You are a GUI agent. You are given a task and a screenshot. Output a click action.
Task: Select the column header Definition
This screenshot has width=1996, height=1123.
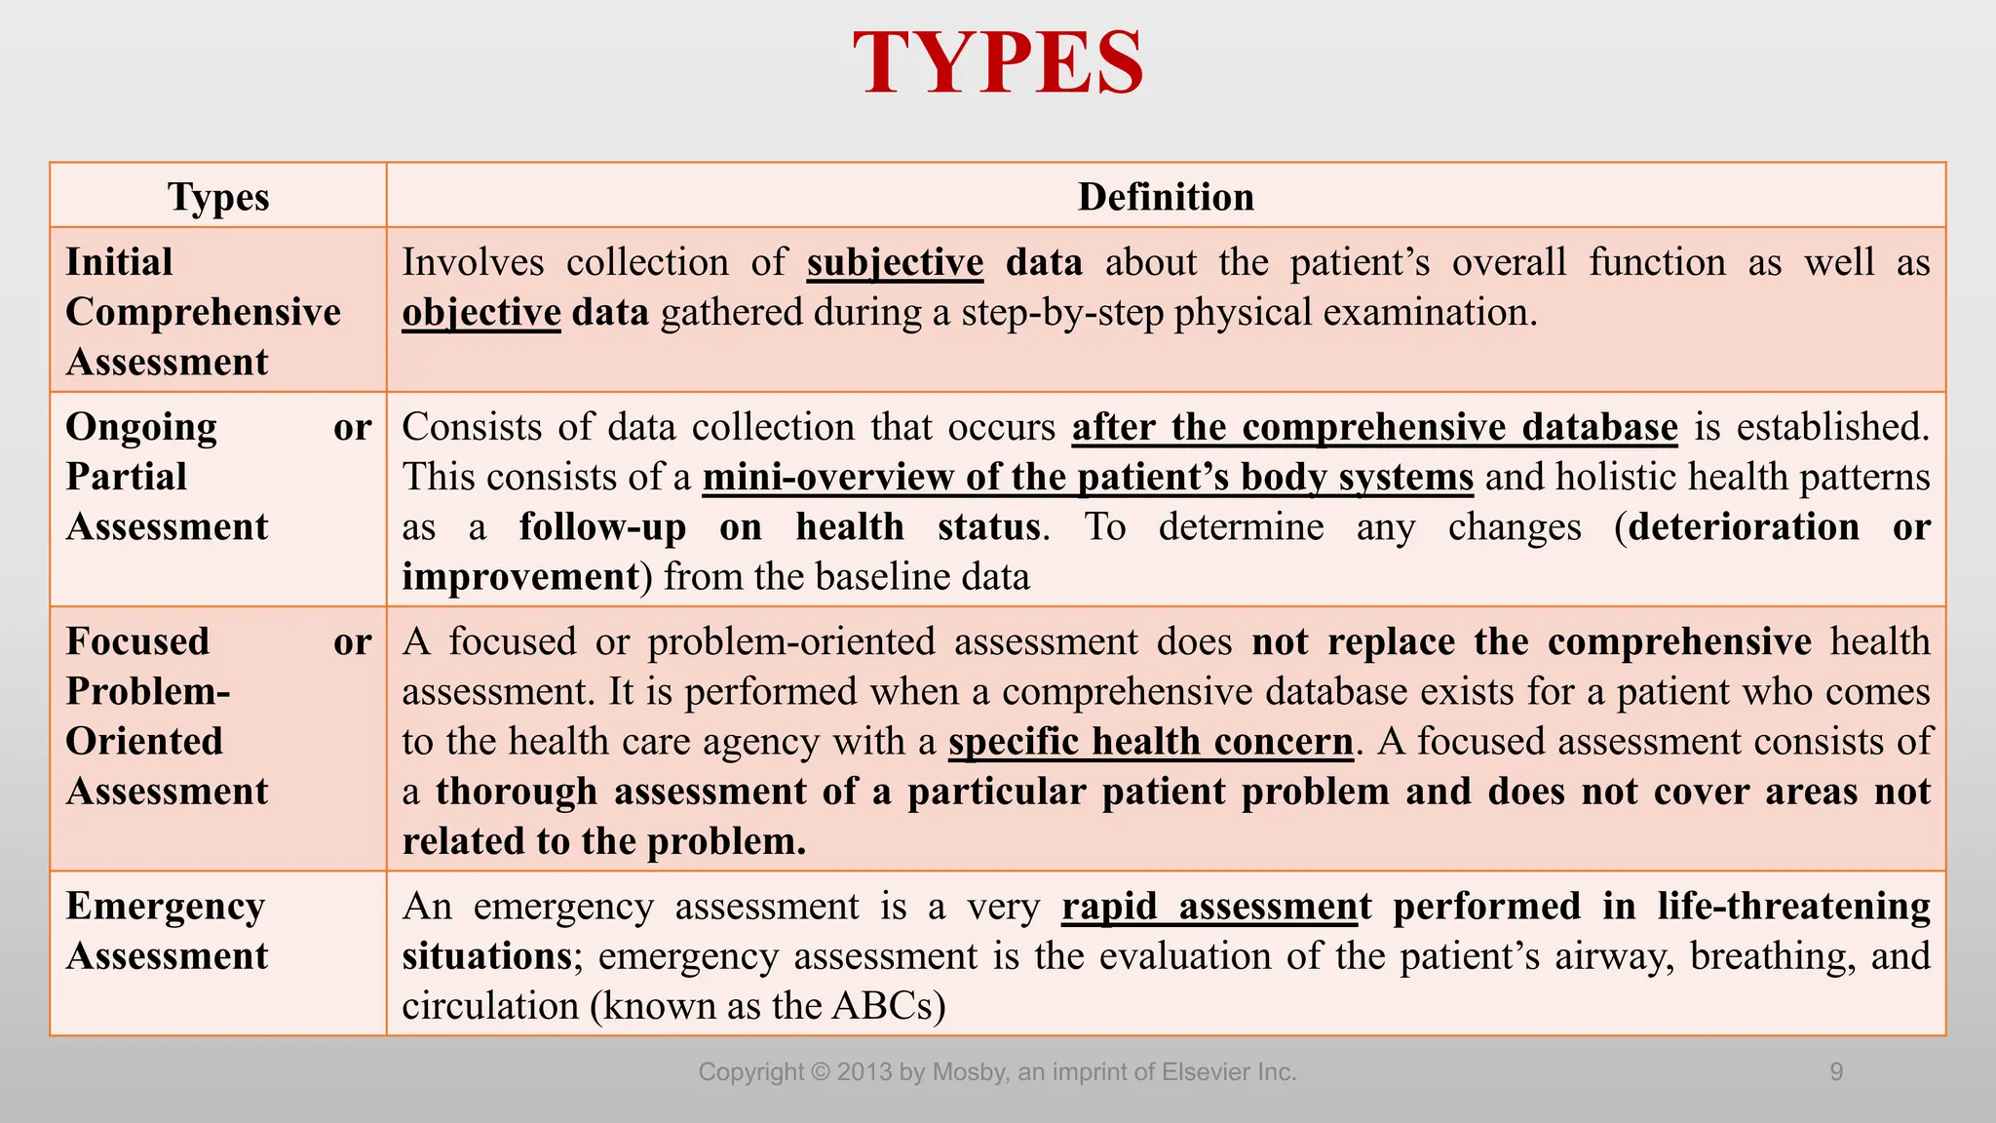tap(1166, 197)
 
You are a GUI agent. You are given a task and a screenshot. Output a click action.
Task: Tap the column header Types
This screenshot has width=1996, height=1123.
tap(218, 197)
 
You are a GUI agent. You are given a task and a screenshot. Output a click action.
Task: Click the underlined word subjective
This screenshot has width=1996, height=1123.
tap(895, 263)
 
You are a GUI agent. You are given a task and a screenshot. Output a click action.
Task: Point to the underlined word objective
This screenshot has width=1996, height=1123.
tap(481, 313)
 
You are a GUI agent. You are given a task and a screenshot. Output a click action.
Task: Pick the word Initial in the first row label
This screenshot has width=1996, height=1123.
tap(119, 262)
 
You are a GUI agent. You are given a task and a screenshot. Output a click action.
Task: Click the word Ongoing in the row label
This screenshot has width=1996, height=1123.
tap(141, 428)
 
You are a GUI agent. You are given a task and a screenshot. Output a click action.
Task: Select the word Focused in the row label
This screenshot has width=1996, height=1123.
tap(137, 641)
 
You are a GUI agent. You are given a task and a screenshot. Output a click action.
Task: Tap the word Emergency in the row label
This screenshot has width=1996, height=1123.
tap(165, 907)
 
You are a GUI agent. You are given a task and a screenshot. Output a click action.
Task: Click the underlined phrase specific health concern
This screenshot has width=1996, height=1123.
tap(1151, 742)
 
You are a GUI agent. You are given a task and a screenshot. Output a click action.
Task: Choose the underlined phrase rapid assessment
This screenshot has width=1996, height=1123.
tap(1216, 907)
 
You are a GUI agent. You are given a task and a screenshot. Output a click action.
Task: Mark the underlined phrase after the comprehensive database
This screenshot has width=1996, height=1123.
tap(1374, 428)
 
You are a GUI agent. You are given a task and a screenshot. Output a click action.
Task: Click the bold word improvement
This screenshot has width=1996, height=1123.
tap(520, 576)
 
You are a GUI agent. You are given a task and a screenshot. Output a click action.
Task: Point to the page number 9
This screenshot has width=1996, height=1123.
tap(1836, 1072)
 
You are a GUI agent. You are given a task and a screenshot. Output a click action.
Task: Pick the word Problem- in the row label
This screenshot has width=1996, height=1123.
tap(148, 691)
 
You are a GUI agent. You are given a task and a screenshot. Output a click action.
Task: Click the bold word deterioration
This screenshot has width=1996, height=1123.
tap(1744, 527)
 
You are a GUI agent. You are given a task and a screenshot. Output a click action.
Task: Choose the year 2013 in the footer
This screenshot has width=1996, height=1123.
tap(864, 1072)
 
